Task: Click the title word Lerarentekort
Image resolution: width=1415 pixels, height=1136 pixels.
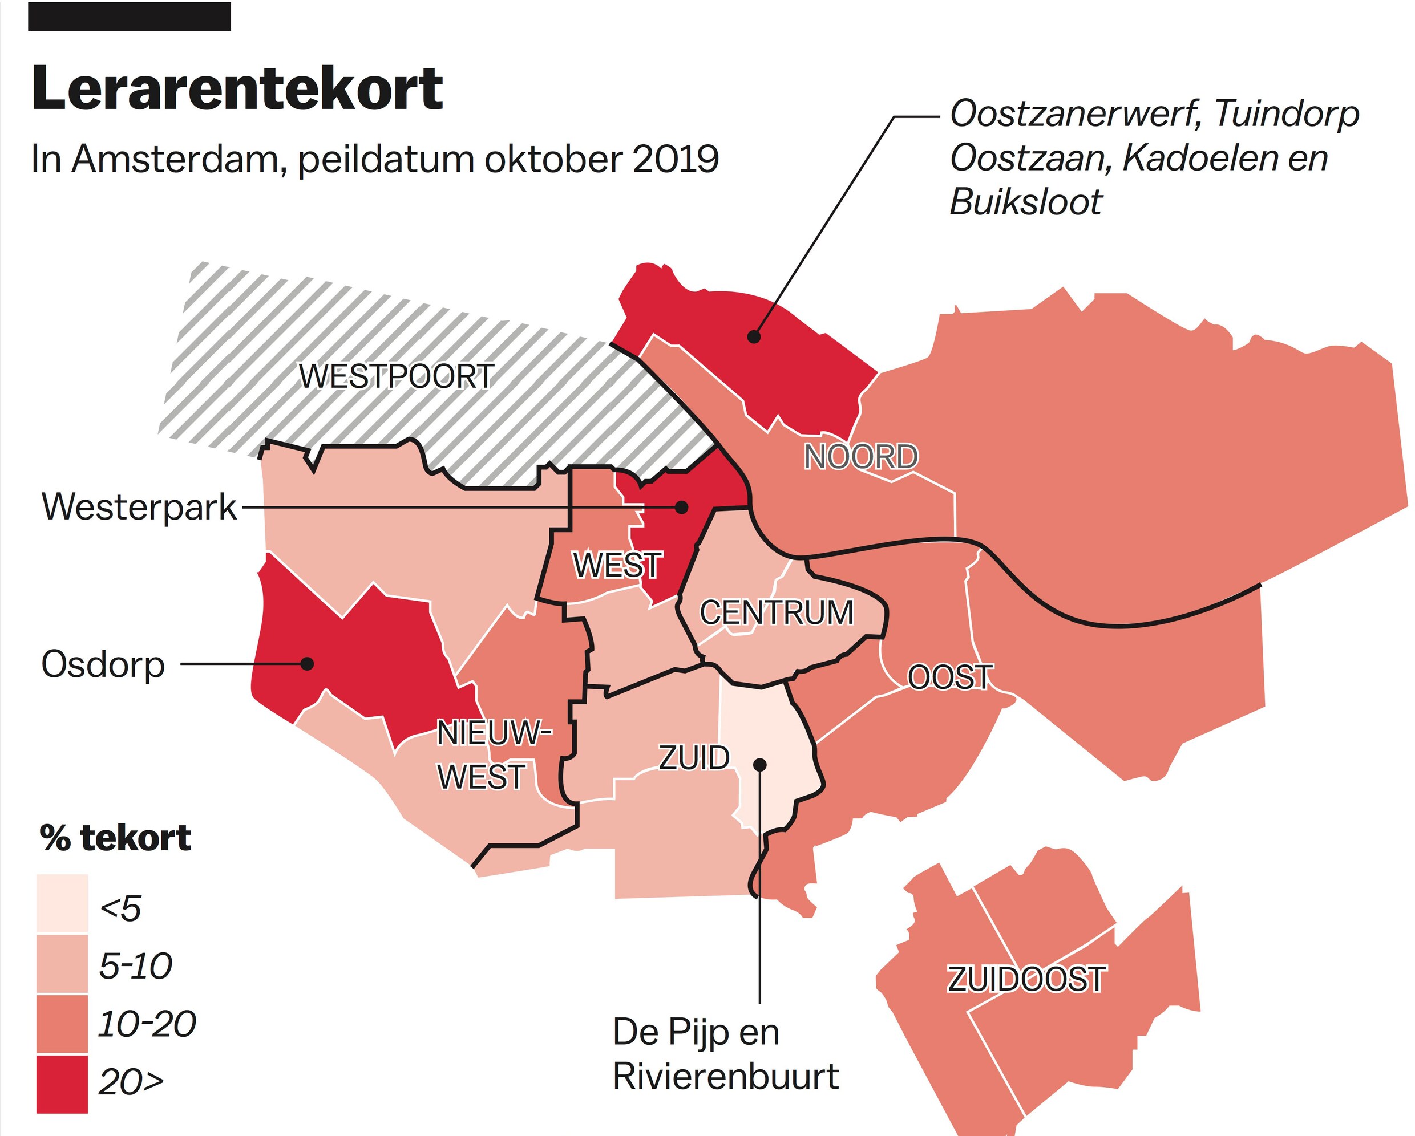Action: [237, 88]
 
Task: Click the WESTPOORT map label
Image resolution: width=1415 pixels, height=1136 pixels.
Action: [397, 376]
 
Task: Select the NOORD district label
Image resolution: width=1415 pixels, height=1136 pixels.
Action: [860, 457]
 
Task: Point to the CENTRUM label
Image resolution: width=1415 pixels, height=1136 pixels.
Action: [777, 612]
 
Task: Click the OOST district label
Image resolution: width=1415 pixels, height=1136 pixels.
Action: [949, 677]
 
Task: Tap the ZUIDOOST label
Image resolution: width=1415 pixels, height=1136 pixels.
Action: [1026, 979]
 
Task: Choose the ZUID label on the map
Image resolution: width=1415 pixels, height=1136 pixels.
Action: [694, 758]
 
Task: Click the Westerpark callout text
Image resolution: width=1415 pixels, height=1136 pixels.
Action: [139, 507]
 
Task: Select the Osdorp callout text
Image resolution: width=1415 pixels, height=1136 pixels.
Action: [103, 664]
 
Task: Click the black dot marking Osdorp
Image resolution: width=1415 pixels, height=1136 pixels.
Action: [306, 664]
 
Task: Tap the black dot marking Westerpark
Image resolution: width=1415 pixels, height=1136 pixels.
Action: [682, 507]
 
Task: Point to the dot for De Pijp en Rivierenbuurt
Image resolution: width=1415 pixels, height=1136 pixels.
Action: [760, 765]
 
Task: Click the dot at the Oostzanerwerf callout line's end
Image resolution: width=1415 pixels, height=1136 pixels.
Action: [754, 337]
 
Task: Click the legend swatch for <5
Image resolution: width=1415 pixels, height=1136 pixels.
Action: [62, 903]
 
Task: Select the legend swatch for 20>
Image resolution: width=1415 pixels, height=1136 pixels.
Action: [62, 1084]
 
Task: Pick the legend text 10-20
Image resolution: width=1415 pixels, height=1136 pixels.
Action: [147, 1024]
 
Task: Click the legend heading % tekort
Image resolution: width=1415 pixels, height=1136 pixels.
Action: [115, 838]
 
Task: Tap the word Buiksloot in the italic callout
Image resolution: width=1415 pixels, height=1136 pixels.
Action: [1025, 202]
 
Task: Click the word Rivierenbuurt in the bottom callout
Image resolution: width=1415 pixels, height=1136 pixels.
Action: [725, 1076]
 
